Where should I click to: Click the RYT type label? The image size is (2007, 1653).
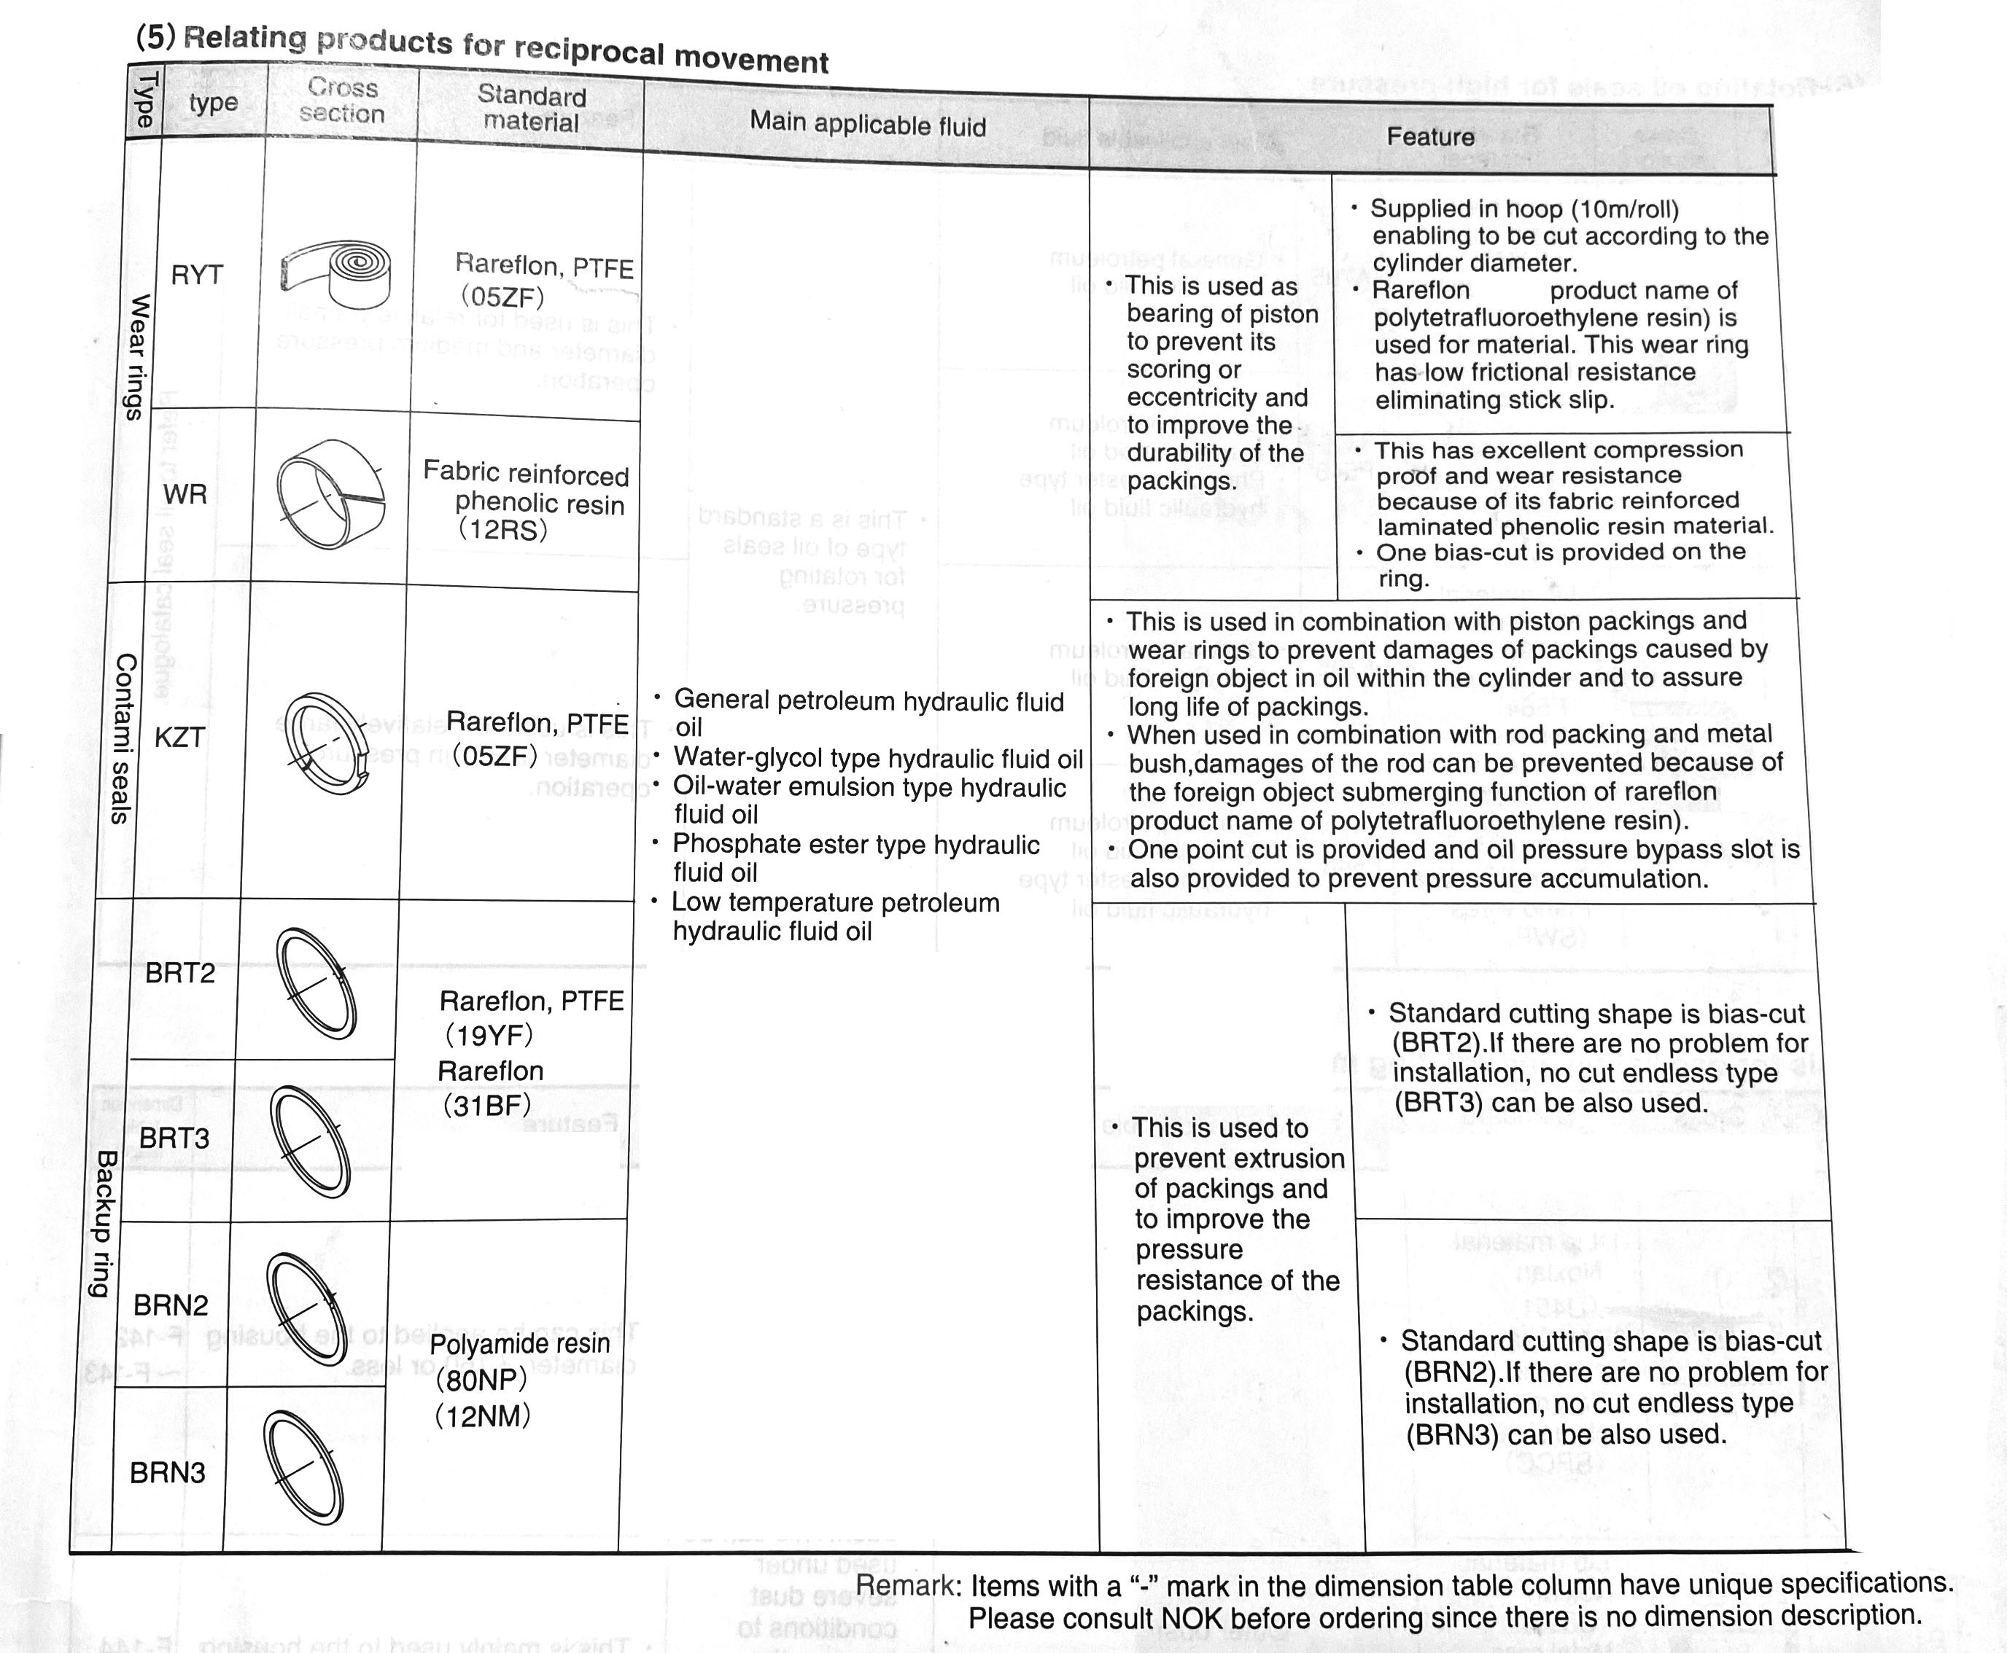pyautogui.click(x=197, y=275)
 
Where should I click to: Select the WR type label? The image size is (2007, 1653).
pyautogui.click(x=185, y=494)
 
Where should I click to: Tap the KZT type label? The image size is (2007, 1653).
pyautogui.click(x=179, y=737)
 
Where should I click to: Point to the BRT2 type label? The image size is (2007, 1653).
pyautogui.click(x=180, y=973)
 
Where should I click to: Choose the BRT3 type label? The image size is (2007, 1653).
pyautogui.click(x=174, y=1138)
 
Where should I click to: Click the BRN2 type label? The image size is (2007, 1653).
pyautogui.click(x=171, y=1305)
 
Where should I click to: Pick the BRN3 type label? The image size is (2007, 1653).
pyautogui.click(x=168, y=1473)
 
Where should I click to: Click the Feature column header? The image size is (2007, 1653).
pyautogui.click(x=1429, y=137)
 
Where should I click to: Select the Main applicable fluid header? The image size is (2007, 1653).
pyautogui.click(x=867, y=124)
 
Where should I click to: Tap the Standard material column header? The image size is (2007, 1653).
pyautogui.click(x=531, y=109)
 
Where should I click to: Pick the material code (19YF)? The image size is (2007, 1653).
pyautogui.click(x=489, y=1035)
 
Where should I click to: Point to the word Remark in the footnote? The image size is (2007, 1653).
pyautogui.click(x=909, y=1585)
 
